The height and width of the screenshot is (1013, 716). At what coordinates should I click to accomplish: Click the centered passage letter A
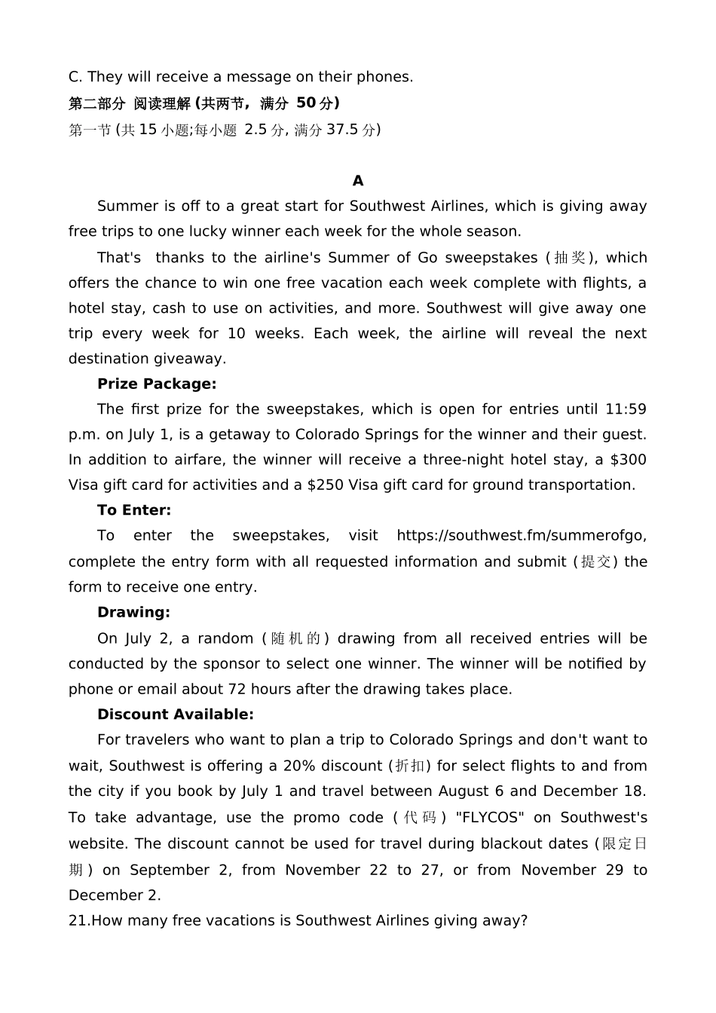coord(358,181)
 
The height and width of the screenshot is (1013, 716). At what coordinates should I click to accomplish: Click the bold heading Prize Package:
coord(157,384)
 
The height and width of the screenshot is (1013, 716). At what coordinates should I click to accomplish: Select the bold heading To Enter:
coord(134,510)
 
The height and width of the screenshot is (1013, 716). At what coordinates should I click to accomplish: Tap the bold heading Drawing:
coord(133,612)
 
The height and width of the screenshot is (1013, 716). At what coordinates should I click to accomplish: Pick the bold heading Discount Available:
coord(176,715)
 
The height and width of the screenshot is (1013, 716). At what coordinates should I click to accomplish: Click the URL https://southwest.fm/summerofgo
coord(521,536)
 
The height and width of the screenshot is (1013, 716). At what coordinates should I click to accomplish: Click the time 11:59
coord(626,409)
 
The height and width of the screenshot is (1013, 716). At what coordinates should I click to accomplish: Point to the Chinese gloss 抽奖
coord(570,258)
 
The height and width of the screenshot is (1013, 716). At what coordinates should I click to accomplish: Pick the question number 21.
coord(78,921)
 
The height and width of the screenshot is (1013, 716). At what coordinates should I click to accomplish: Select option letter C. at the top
coord(75,77)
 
